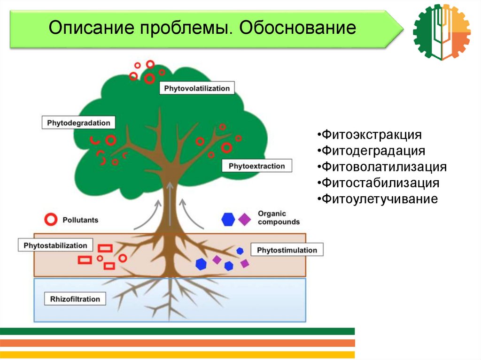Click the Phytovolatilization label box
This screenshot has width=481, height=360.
click(x=197, y=88)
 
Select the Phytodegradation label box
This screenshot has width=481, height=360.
click(x=78, y=123)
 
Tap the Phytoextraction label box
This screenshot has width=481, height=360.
click(x=257, y=166)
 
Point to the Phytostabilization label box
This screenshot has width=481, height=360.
click(x=55, y=245)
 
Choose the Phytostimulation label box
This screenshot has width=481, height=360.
click(x=287, y=250)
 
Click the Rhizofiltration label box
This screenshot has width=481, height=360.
click(x=75, y=299)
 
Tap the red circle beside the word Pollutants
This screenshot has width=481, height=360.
click(x=51, y=220)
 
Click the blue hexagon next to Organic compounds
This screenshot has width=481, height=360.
click(x=228, y=219)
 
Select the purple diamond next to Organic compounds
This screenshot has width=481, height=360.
click(x=244, y=220)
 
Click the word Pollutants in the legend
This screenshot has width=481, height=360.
click(x=80, y=220)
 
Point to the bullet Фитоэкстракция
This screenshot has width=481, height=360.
click(x=370, y=135)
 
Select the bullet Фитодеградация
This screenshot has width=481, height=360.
click(x=371, y=151)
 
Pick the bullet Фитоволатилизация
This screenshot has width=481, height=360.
click(x=382, y=167)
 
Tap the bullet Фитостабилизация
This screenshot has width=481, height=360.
click(x=378, y=183)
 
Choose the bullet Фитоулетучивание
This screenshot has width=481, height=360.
click(x=378, y=199)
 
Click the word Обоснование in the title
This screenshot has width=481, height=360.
click(x=297, y=28)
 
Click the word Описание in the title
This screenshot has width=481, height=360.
click(x=92, y=28)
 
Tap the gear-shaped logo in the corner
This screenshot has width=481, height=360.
click(x=442, y=32)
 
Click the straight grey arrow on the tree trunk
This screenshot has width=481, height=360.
click(x=170, y=204)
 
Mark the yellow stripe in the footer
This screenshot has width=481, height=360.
click(x=177, y=355)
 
